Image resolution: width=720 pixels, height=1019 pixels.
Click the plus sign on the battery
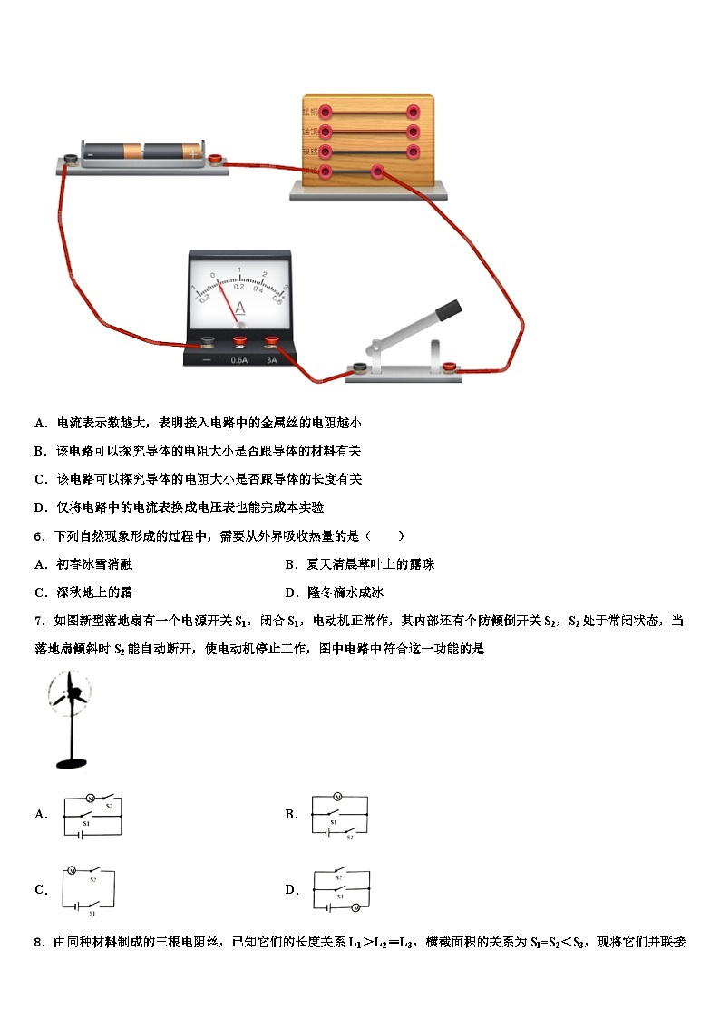(x=192, y=153)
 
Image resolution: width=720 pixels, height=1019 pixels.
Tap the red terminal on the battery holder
(x=216, y=160)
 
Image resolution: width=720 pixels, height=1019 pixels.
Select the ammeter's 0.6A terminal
(x=239, y=342)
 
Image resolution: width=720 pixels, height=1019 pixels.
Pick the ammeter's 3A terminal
(x=270, y=342)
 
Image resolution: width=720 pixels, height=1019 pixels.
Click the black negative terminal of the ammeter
(x=208, y=342)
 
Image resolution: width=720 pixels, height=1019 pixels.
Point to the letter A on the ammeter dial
(x=239, y=308)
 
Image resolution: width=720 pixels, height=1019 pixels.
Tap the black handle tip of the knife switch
(x=448, y=309)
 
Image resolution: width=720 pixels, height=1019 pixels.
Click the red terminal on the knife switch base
(x=449, y=367)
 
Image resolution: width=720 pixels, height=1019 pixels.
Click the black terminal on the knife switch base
(x=360, y=367)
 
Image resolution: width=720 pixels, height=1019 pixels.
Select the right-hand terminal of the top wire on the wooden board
(x=414, y=113)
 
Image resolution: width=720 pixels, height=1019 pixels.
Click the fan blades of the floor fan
(x=71, y=696)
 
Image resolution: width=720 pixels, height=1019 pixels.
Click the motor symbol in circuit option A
(x=90, y=797)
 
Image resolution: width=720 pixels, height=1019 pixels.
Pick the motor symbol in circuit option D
(x=355, y=906)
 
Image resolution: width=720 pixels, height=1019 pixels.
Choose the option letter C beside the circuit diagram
(x=40, y=890)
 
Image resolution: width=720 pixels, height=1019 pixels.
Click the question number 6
(x=38, y=536)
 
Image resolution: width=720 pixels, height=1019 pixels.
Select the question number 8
(x=38, y=942)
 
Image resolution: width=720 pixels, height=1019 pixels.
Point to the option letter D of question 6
(x=290, y=593)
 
